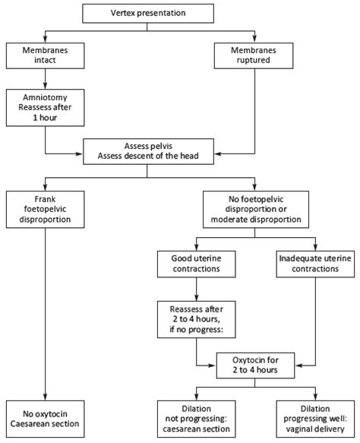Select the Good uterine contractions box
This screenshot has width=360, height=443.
coord(197,263)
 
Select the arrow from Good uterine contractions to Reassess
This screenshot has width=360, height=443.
coord(197,289)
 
